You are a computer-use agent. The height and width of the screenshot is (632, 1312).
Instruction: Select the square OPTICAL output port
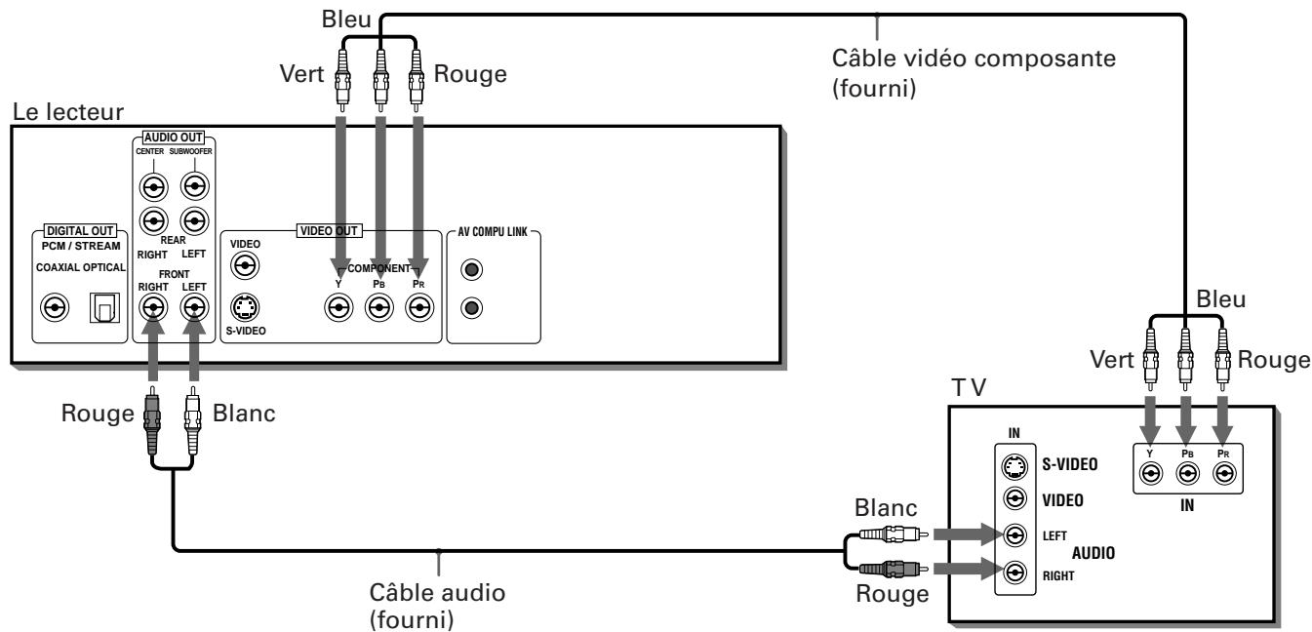click(102, 308)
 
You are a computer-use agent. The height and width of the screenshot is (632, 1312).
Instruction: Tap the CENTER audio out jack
click(151, 185)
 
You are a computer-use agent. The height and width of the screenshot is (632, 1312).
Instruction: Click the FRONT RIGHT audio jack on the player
click(151, 308)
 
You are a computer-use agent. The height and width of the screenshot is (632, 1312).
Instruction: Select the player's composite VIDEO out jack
click(245, 264)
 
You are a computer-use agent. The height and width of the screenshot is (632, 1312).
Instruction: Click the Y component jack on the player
click(338, 308)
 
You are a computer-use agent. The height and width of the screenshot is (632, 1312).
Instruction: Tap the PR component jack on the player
click(420, 308)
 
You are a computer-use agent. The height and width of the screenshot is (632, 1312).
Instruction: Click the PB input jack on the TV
click(1187, 474)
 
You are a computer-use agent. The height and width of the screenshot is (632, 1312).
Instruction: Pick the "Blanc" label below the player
click(244, 413)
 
